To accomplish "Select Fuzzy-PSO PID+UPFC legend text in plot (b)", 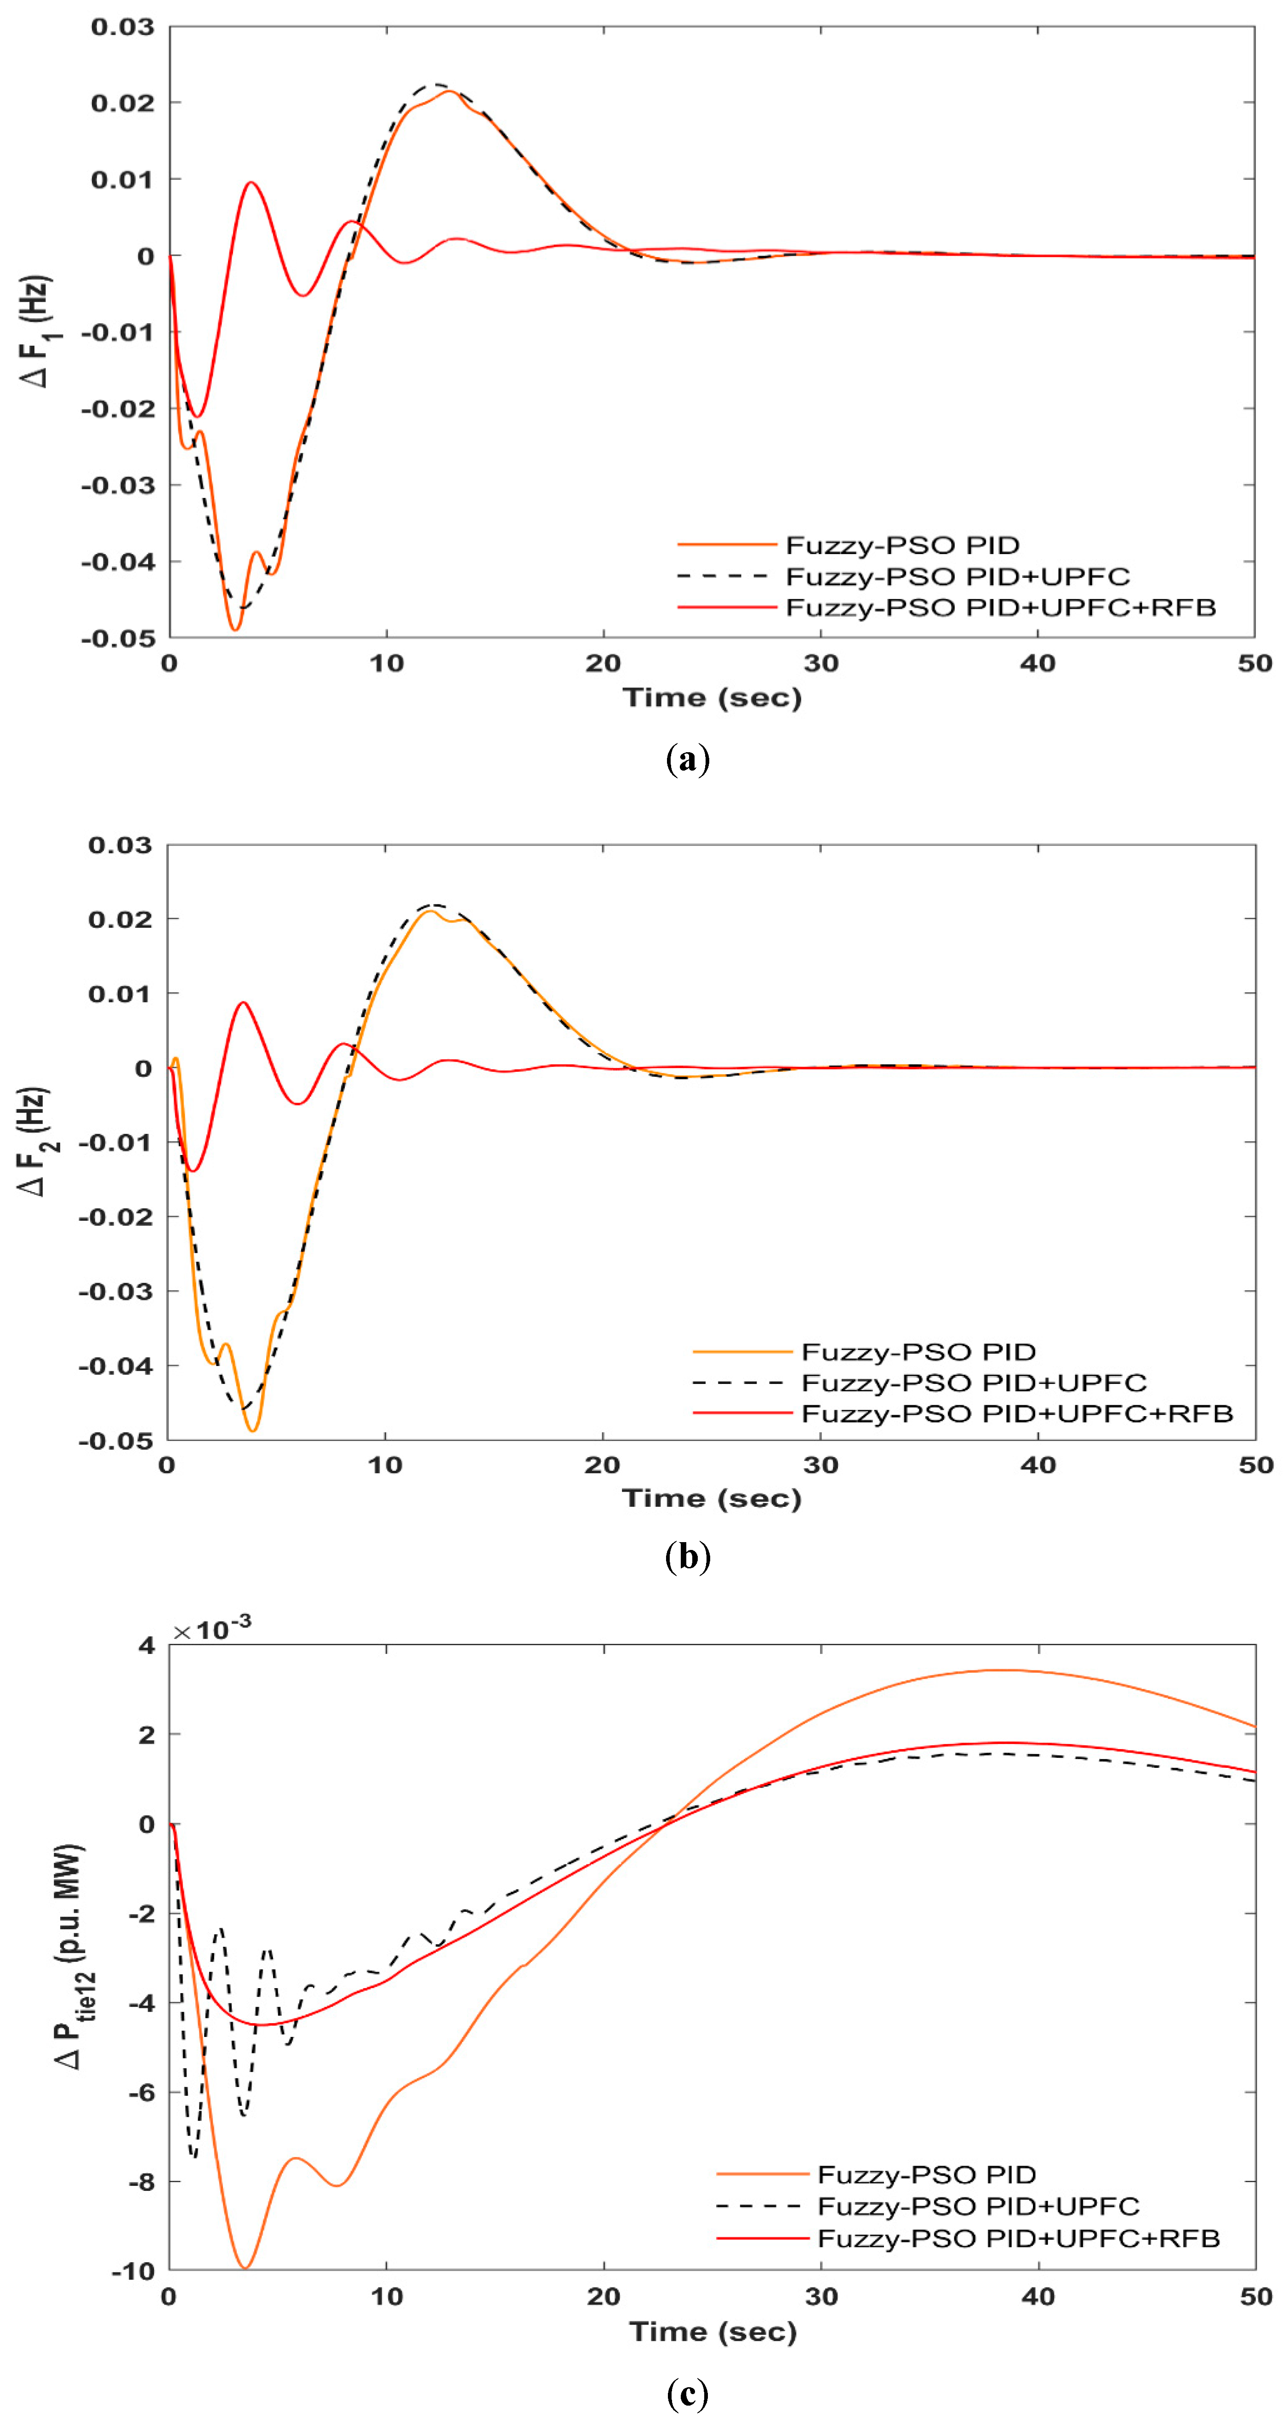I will click(974, 1382).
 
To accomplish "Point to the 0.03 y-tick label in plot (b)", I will click(120, 845).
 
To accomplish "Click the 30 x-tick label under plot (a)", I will click(821, 663).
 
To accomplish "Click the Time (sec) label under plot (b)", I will click(711, 1498).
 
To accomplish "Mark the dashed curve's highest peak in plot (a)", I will click(435, 85).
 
